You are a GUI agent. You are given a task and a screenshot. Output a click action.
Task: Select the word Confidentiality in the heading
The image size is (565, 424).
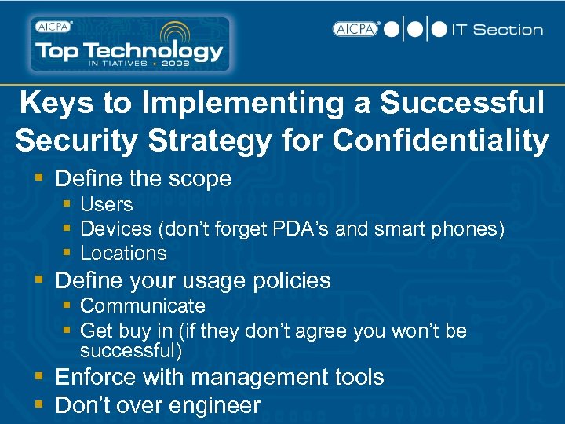click(440, 141)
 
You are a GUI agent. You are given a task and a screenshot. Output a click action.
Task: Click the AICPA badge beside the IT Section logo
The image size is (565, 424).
click(356, 29)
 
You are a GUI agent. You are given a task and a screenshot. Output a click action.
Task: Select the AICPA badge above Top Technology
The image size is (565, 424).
click(53, 25)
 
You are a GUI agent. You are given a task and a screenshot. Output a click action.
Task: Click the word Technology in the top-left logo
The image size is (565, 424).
click(165, 51)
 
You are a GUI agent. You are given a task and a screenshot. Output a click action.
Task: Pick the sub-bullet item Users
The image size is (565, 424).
click(107, 204)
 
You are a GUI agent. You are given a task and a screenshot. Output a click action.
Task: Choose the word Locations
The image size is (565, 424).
click(123, 253)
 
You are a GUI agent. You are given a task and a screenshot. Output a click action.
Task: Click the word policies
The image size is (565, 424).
click(290, 280)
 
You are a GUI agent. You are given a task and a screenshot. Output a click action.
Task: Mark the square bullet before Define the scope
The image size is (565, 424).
click(42, 179)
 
